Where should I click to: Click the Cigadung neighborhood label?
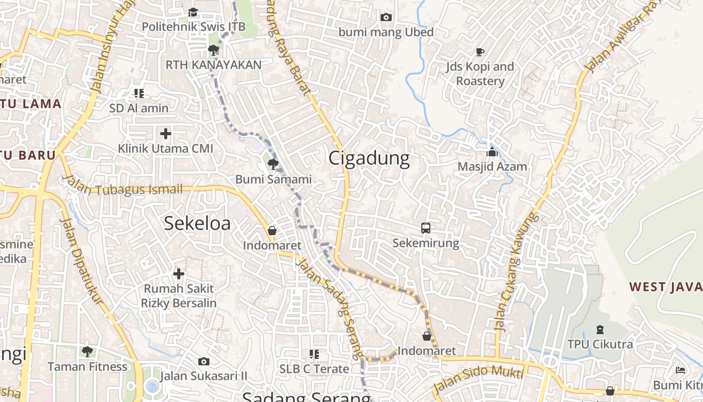tap(369, 159)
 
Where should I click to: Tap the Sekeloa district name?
tap(197, 223)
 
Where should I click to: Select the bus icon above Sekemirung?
tap(426, 228)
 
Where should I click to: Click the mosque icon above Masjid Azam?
tap(492, 152)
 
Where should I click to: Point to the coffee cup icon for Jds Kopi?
tap(480, 51)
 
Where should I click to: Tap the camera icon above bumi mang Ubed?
tap(386, 18)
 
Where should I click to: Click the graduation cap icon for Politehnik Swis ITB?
tap(193, 12)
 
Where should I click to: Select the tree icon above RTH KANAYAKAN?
tap(213, 50)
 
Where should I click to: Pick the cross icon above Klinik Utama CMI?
tap(166, 134)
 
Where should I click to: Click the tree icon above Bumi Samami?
tap(273, 164)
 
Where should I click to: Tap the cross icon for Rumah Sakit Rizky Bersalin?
tap(179, 274)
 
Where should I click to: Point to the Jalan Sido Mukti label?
tap(478, 380)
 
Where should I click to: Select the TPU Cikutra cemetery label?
tap(600, 344)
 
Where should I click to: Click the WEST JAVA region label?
tap(665, 287)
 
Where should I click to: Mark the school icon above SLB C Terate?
tap(314, 354)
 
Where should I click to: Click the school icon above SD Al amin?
tap(139, 93)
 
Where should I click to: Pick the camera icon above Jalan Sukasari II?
tap(204, 361)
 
